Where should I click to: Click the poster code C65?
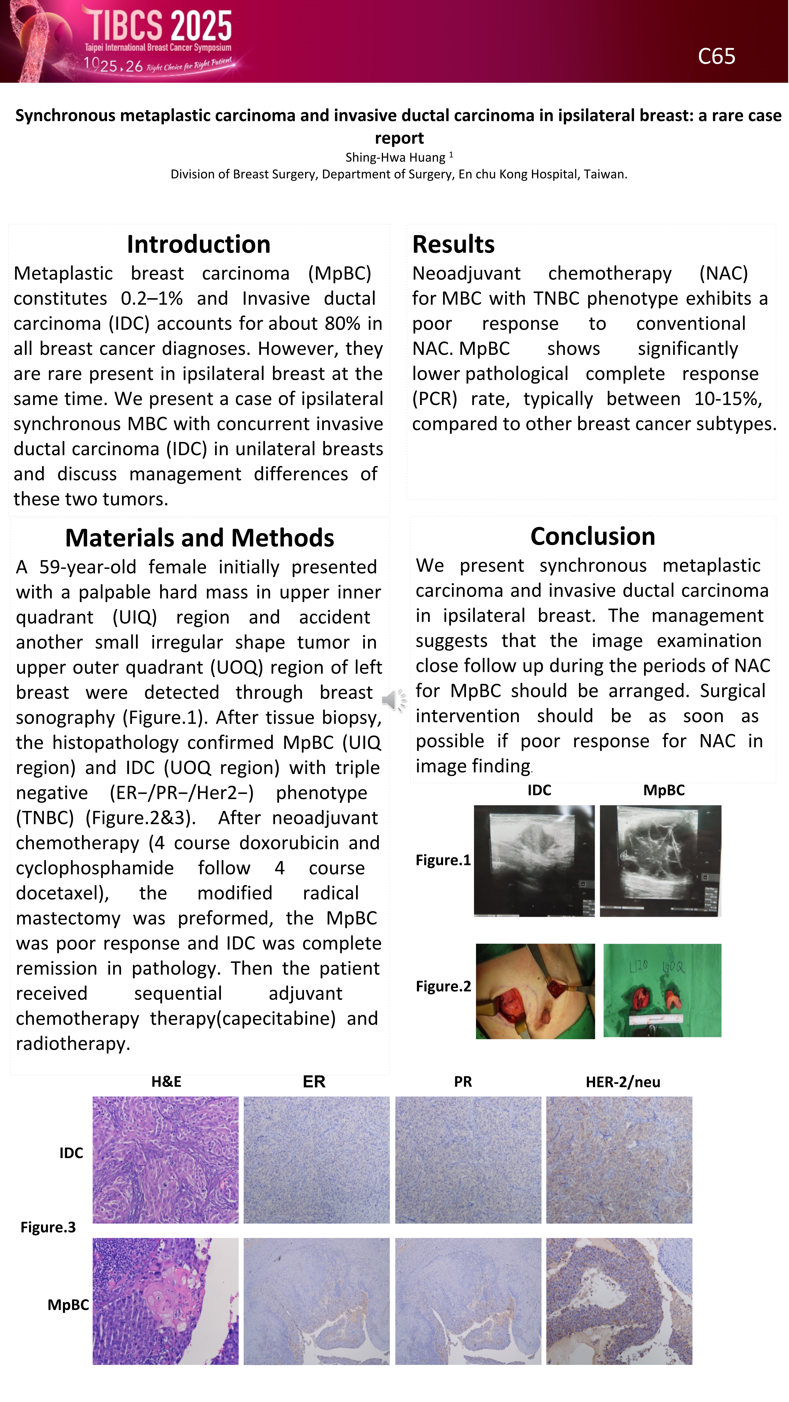tap(716, 56)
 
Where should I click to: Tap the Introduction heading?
tap(198, 244)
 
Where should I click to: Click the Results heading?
tap(453, 244)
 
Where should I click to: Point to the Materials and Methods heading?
tap(200, 538)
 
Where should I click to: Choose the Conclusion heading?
tap(593, 536)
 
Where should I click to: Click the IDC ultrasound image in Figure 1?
tap(534, 860)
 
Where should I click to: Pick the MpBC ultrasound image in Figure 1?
tap(660, 860)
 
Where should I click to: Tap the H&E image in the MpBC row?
tap(165, 1301)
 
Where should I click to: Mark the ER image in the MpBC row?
tap(317, 1301)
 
